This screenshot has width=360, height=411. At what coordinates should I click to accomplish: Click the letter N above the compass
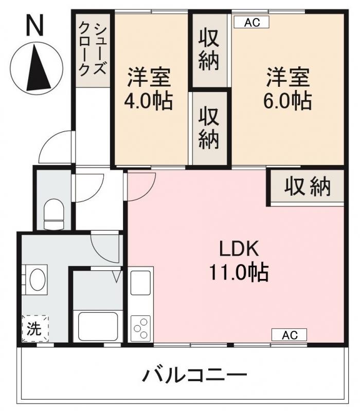[x=35, y=25]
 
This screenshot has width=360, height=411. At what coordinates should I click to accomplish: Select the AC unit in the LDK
[x=289, y=335]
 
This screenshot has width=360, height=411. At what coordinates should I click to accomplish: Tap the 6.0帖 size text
[x=287, y=101]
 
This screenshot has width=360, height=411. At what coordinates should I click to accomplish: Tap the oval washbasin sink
[x=37, y=280]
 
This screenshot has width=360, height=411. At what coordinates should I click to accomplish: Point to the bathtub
[x=98, y=326]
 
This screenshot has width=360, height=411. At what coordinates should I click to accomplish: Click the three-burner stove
[x=141, y=327]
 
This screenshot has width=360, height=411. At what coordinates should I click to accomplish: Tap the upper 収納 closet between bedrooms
[x=209, y=50]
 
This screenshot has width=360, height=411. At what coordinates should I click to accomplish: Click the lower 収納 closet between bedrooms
[x=209, y=127]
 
